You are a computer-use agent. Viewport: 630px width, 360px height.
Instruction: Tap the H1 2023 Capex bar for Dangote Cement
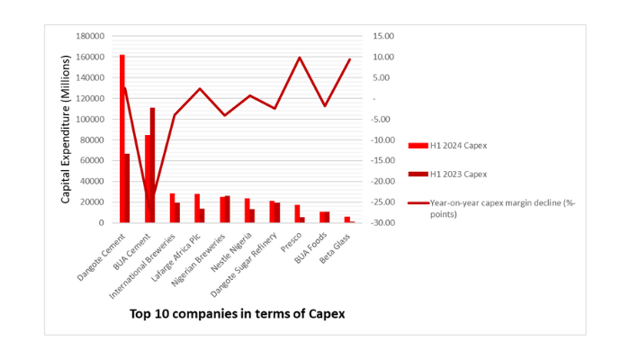(x=128, y=188)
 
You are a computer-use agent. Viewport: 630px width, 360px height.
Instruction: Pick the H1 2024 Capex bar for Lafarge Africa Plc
(x=197, y=208)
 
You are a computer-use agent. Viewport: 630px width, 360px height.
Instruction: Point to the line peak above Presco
(x=300, y=58)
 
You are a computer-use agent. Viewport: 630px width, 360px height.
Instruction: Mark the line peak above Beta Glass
(x=350, y=59)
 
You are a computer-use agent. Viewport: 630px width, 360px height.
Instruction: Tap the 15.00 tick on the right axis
(x=382, y=36)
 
